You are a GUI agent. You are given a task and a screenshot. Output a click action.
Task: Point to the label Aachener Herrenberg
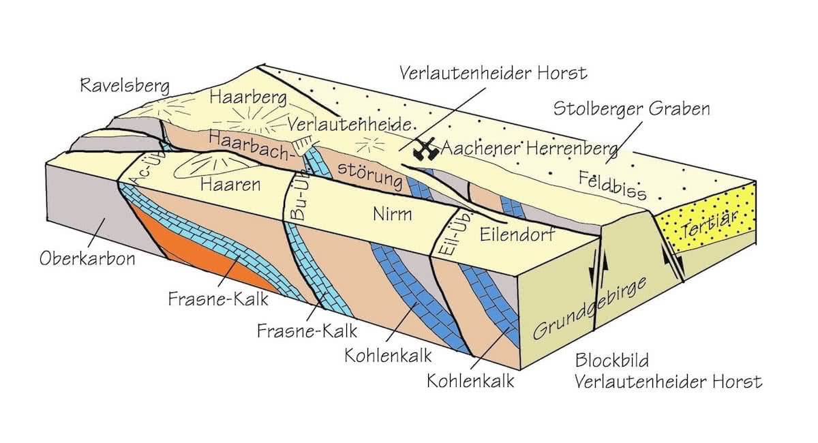tap(528, 148)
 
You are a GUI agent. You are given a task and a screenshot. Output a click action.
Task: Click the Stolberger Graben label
tap(631, 109)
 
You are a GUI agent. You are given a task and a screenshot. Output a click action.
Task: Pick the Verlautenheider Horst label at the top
tap(494, 72)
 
